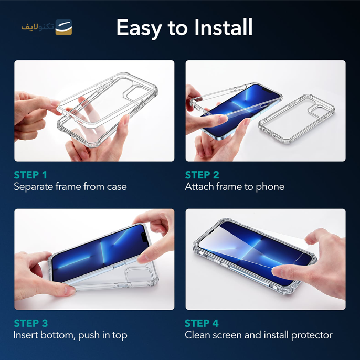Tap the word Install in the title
pyautogui.click(x=224, y=27)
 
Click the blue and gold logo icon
pyautogui.click(x=63, y=27)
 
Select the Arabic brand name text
pyautogui.click(x=37, y=27)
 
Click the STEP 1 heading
pyautogui.click(x=30, y=175)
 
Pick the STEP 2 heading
pyautogui.click(x=202, y=175)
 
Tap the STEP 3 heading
pyautogui.click(x=31, y=323)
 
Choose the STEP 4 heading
pyautogui.click(x=202, y=323)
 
